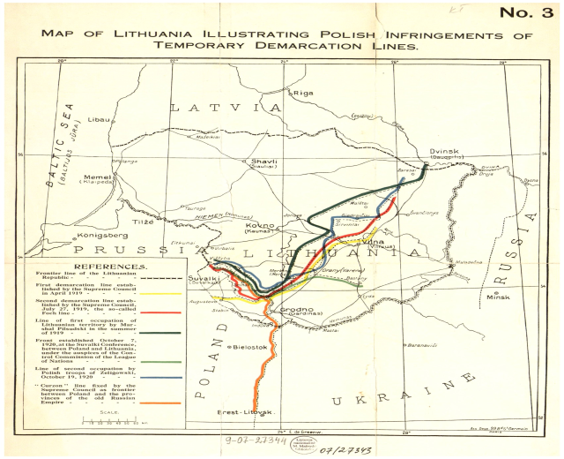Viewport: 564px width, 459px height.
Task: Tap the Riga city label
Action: coord(304,92)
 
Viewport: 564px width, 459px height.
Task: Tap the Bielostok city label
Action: coord(249,348)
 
